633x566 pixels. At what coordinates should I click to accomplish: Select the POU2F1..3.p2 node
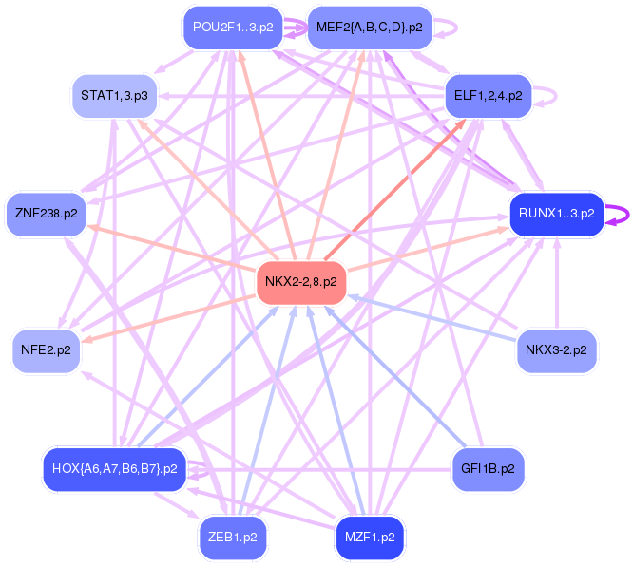tap(233, 27)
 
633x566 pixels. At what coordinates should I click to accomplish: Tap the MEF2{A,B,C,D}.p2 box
tap(370, 27)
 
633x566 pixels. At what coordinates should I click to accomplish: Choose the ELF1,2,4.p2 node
tap(488, 95)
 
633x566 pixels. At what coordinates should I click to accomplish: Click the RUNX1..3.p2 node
tap(557, 213)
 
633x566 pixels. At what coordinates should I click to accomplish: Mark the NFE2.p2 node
tap(46, 350)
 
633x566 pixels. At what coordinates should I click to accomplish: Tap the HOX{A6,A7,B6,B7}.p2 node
tap(114, 469)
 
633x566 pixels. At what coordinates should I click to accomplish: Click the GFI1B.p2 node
tap(488, 469)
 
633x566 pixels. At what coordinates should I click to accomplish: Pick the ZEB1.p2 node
tap(232, 537)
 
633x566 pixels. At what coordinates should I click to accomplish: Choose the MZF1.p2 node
tap(370, 537)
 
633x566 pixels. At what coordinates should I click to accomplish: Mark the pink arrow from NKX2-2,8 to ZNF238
tap(171, 246)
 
